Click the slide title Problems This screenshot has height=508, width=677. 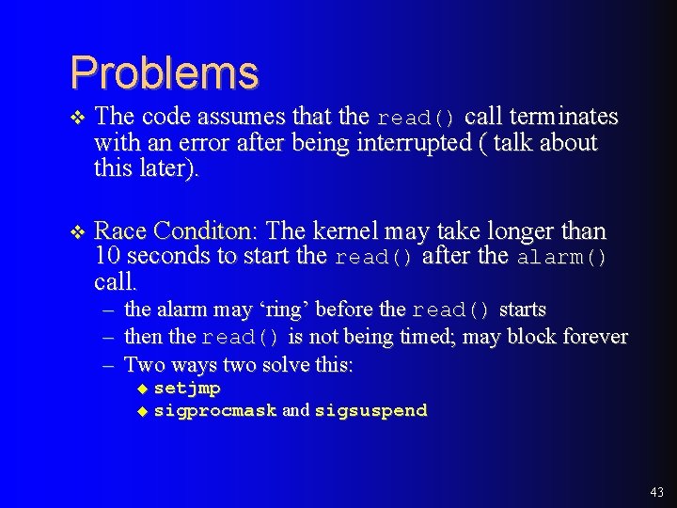[x=164, y=72]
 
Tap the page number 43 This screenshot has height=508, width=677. [x=656, y=492]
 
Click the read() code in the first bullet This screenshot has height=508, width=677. [x=417, y=119]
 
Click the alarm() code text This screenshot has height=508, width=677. [x=562, y=258]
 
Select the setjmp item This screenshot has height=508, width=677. [x=187, y=388]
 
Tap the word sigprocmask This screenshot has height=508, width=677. [x=214, y=410]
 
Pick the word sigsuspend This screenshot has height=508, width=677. [x=370, y=410]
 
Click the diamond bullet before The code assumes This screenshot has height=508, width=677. [x=78, y=118]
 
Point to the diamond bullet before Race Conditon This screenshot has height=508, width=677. [x=78, y=232]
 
